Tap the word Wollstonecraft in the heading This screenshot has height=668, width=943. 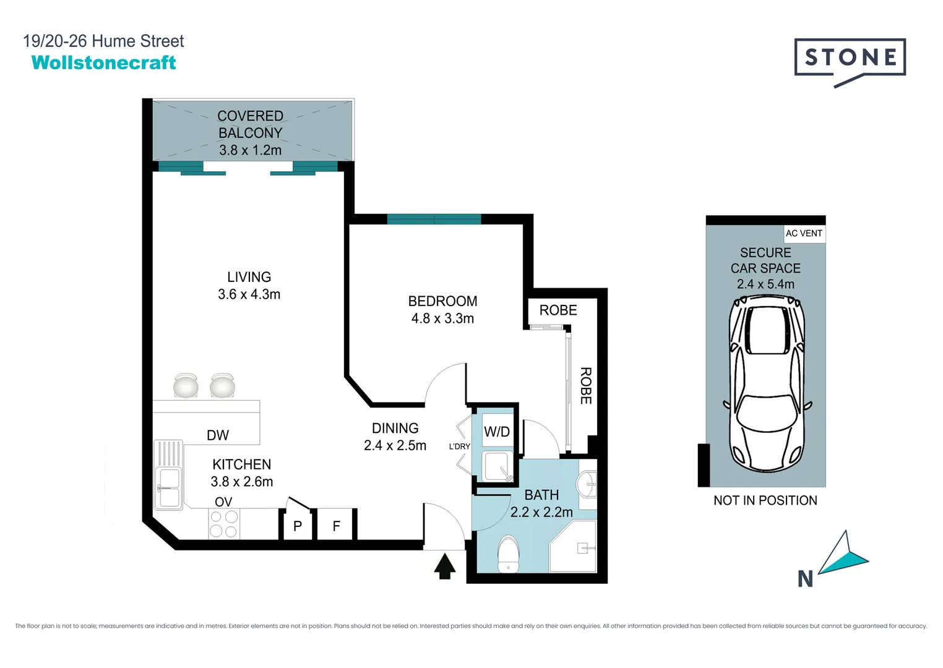[103, 62]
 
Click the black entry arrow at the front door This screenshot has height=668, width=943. [444, 566]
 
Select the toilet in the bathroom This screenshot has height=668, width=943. [509, 555]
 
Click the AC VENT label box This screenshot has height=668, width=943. [804, 233]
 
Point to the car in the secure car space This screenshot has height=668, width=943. [767, 383]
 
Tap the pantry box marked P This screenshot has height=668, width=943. [298, 526]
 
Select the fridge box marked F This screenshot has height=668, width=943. [337, 526]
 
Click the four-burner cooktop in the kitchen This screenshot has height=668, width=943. [223, 524]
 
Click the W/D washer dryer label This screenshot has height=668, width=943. [497, 432]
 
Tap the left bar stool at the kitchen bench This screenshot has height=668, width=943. [186, 386]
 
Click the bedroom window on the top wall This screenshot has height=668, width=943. [434, 219]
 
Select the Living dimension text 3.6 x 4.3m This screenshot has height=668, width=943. [249, 294]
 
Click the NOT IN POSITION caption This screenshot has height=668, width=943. [765, 500]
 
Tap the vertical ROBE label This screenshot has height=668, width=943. [585, 386]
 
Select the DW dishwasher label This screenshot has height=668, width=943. [218, 435]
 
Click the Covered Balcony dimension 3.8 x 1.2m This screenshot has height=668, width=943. [250, 150]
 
